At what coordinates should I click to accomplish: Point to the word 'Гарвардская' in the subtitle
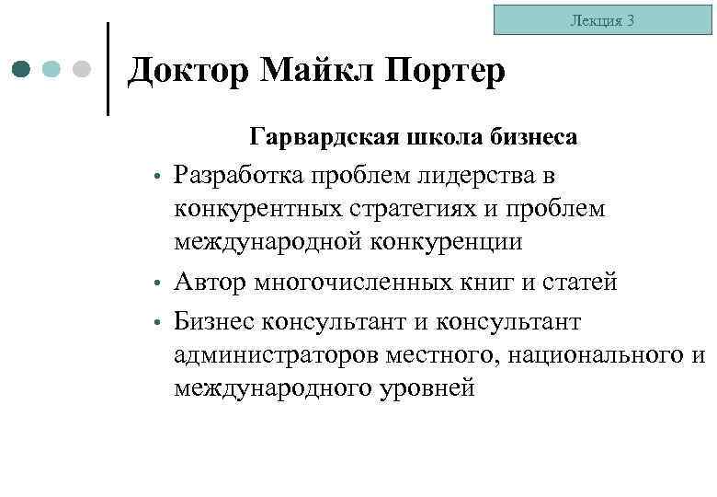point(324,138)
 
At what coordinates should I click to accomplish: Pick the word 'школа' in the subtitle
point(437,138)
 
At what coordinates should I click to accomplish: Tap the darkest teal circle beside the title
point(22,69)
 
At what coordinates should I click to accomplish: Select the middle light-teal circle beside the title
point(51,69)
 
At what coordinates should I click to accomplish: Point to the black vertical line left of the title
point(108,69)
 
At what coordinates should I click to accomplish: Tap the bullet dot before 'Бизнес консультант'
point(158,322)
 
